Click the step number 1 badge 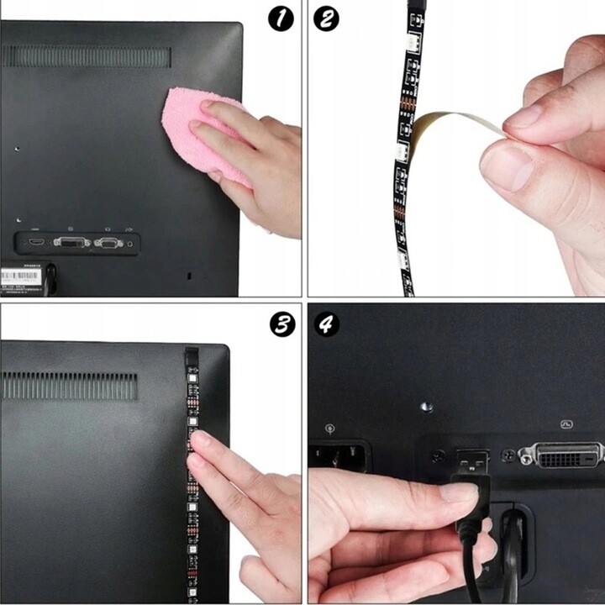tap(281, 18)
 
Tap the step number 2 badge tap(325, 18)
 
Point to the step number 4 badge tap(326, 324)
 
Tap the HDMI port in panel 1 tap(35, 242)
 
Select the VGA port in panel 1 tap(108, 243)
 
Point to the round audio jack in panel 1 tap(129, 244)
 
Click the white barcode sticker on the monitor tap(22, 275)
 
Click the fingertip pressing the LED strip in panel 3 tap(199, 439)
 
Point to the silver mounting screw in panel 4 tap(426, 406)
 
